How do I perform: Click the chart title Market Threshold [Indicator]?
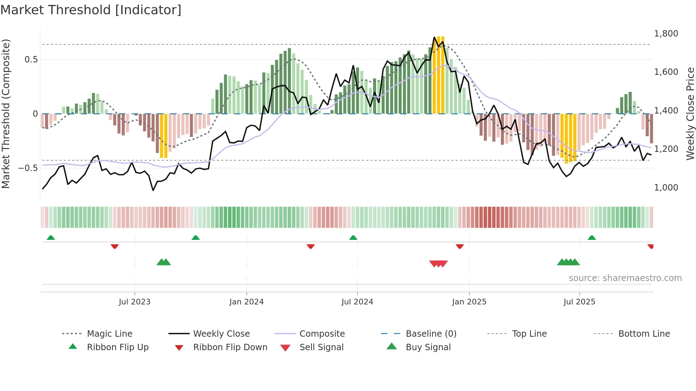point(91,10)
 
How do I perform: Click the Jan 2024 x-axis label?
point(246,302)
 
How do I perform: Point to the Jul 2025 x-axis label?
point(579,302)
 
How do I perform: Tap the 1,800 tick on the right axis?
point(666,33)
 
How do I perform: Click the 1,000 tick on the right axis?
point(666,187)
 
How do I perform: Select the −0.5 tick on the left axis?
point(28,168)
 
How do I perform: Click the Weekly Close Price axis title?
point(690,114)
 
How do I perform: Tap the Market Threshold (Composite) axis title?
point(6,114)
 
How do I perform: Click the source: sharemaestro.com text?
point(625,278)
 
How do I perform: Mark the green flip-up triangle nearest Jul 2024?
point(353,238)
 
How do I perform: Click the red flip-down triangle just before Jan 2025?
point(460,246)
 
